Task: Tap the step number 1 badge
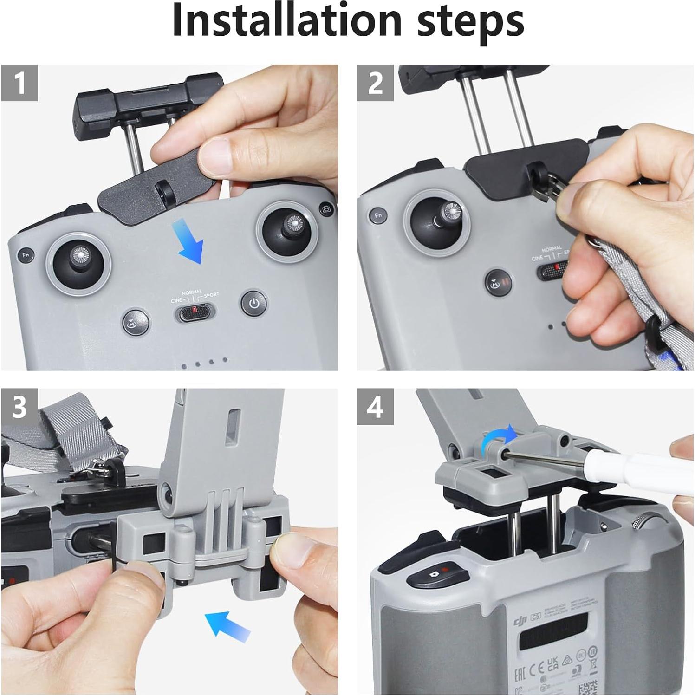click(x=19, y=83)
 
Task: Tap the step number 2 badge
click(x=375, y=83)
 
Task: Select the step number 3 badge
click(x=19, y=407)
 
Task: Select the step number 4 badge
click(x=375, y=407)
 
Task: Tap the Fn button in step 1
click(x=26, y=255)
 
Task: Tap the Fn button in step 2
click(x=378, y=215)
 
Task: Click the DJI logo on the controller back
click(x=520, y=621)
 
